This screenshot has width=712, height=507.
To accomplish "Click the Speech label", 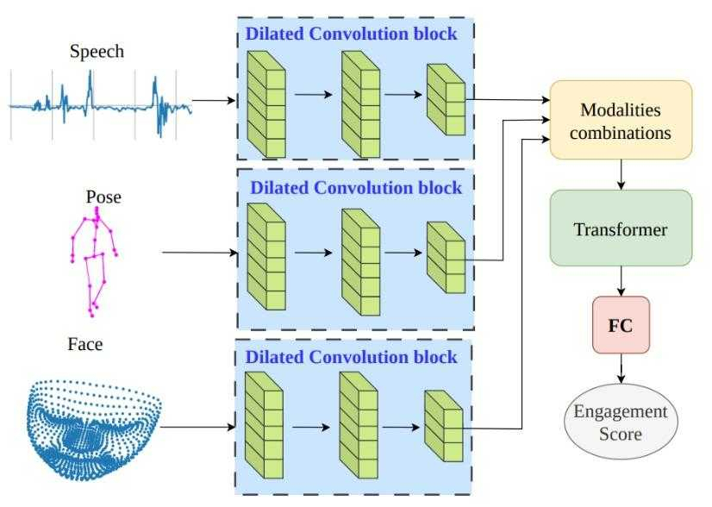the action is [97, 52].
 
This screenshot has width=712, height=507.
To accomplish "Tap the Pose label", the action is [103, 197].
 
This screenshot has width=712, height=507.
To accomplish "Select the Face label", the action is [85, 344].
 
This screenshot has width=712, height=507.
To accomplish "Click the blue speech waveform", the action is [100, 105].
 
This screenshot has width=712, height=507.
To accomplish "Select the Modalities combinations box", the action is [621, 120].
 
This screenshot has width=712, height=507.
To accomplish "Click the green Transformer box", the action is [621, 228].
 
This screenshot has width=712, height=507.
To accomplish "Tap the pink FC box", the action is [621, 325].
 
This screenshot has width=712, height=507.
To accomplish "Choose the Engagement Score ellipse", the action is [621, 422].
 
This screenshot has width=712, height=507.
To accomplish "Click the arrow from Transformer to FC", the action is [621, 281].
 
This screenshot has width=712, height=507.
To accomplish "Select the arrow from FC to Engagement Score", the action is [621, 368].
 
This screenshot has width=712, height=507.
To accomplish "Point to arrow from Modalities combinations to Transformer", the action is [621, 174].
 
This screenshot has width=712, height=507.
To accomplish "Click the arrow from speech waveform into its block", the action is [214, 100].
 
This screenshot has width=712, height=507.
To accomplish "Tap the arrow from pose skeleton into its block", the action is [200, 253].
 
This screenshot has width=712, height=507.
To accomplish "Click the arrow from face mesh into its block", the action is [197, 427].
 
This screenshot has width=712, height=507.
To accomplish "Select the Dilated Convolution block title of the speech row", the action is [351, 34].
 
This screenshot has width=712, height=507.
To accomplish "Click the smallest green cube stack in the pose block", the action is [446, 258].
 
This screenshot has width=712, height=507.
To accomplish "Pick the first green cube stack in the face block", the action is [264, 425].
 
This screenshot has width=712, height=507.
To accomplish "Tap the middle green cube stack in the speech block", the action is [360, 104].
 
